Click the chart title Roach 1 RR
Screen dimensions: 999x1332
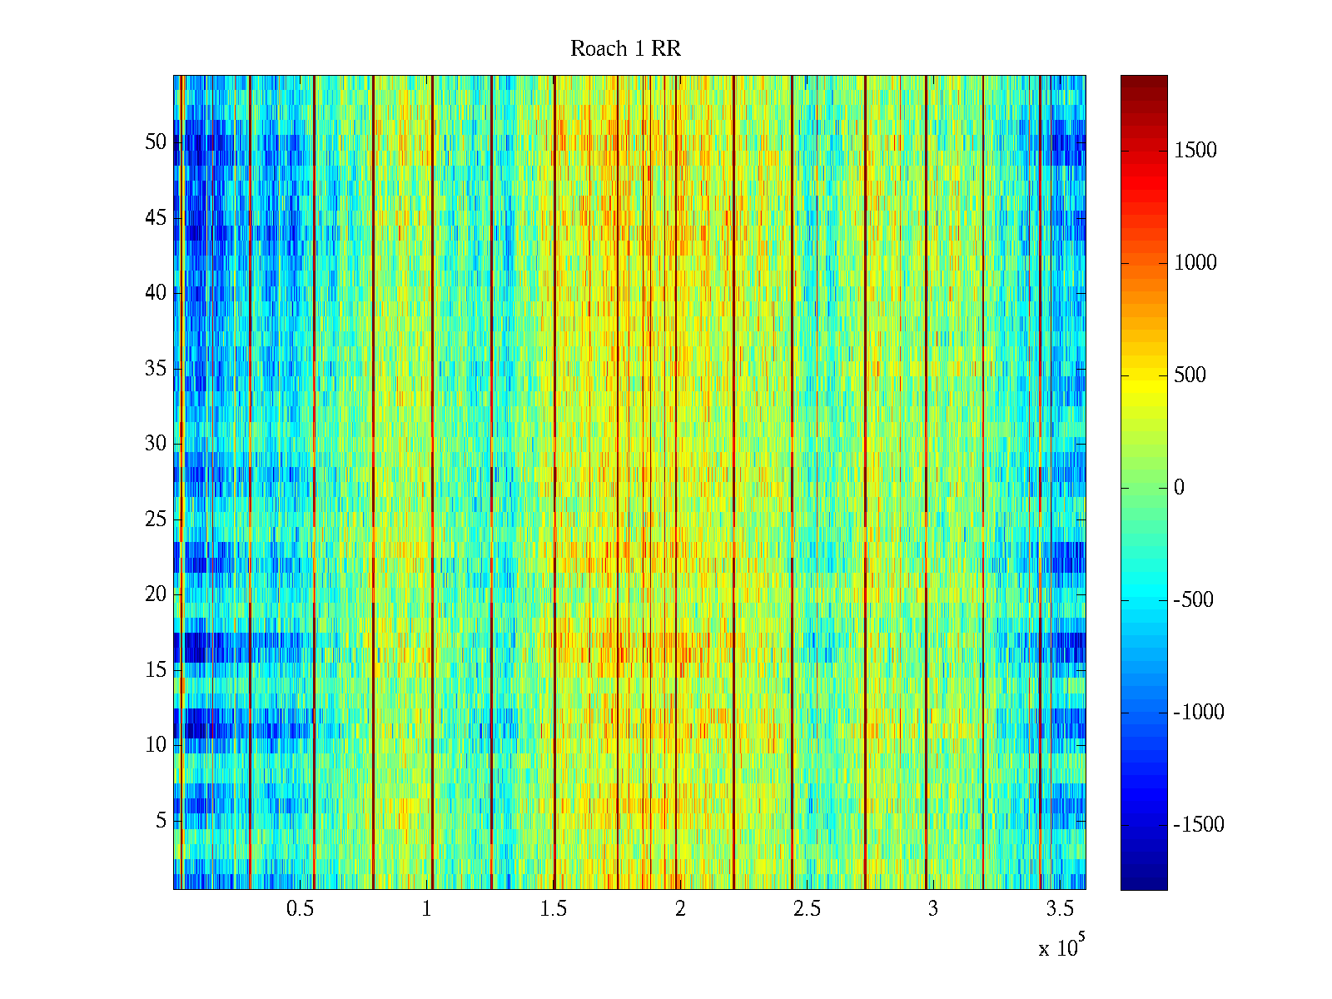pos(625,49)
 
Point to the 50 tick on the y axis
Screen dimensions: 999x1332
pos(156,142)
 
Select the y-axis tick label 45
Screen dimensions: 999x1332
pos(156,218)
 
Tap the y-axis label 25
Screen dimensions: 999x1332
pos(156,519)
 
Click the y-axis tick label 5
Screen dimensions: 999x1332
pos(161,821)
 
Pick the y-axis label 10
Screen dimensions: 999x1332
pos(156,745)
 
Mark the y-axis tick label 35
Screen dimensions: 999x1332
pos(156,369)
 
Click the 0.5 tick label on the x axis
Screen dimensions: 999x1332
pos(300,909)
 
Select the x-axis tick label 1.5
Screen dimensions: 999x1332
pos(554,909)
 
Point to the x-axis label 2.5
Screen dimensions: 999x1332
pos(807,909)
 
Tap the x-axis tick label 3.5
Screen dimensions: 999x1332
pos(1060,909)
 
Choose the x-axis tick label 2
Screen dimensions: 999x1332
pos(680,909)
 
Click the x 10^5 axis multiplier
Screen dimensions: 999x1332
pos(1061,947)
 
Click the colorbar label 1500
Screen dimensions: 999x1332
pos(1195,151)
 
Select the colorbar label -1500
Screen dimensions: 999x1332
pos(1199,825)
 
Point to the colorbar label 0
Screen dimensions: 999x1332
pos(1179,488)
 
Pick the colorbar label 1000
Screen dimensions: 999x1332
pos(1195,263)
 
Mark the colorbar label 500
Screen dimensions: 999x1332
pos(1190,375)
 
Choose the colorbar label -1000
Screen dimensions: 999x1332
pos(1199,713)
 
